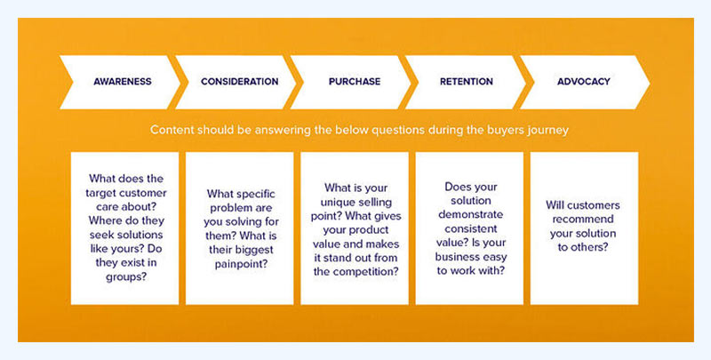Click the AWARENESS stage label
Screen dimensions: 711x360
pos(123,82)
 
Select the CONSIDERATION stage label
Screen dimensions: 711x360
pos(239,82)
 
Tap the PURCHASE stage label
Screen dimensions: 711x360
pos(355,82)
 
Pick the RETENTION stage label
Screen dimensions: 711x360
pos(466,82)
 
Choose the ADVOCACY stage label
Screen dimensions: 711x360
pos(584,82)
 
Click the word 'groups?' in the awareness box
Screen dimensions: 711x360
pos(126,277)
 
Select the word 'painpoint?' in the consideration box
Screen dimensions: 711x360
pos(241,264)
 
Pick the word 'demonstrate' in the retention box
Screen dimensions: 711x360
pos(471,214)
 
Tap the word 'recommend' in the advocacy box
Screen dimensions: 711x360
pos(583,220)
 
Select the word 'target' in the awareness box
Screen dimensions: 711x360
pos(100,193)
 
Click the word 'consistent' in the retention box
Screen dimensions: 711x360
pos(471,229)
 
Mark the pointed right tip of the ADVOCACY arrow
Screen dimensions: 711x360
pos(650,82)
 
